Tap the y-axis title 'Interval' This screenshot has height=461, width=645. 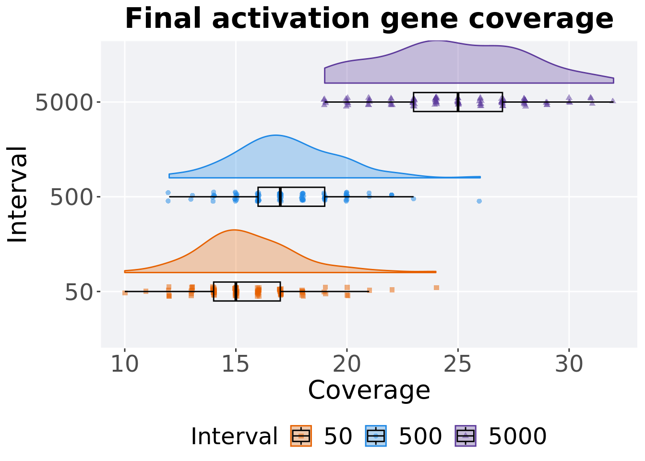pyautogui.click(x=17, y=195)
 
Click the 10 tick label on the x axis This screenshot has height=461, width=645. pyautogui.click(x=125, y=364)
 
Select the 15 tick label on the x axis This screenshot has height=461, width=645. pyautogui.click(x=236, y=364)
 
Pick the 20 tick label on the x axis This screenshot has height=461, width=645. pyautogui.click(x=346, y=364)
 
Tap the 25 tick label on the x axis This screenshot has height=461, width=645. pyautogui.click(x=458, y=364)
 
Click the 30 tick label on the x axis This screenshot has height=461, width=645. pyautogui.click(x=569, y=364)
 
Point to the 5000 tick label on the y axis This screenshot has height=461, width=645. pyautogui.click(x=64, y=103)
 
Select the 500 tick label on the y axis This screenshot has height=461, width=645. pyautogui.click(x=72, y=198)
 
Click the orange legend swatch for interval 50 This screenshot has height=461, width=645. pyautogui.click(x=301, y=436)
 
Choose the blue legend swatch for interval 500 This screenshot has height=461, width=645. pyautogui.click(x=376, y=436)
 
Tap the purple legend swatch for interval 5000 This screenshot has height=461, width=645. pyautogui.click(x=466, y=436)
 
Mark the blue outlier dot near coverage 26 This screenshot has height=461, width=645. pyautogui.click(x=479, y=201)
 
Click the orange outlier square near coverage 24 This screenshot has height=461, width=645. pyautogui.click(x=437, y=288)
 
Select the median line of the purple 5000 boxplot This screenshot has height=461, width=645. pyautogui.click(x=458, y=102)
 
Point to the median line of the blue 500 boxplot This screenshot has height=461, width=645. pyautogui.click(x=280, y=197)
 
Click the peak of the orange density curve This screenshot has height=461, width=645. pyautogui.click(x=235, y=230)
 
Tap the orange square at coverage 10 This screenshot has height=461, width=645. pyautogui.click(x=125, y=293)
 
